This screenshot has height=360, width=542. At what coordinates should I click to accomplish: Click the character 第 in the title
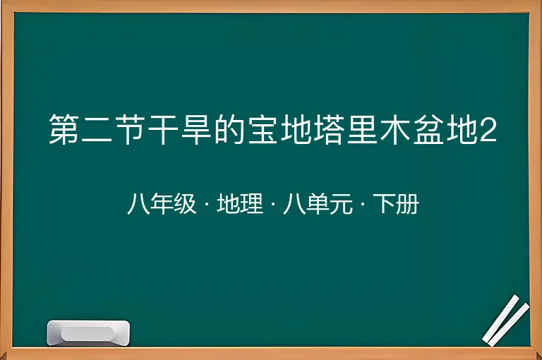(64, 129)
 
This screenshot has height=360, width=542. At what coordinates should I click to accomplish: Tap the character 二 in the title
(97, 129)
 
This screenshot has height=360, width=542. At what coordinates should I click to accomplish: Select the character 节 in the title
(131, 129)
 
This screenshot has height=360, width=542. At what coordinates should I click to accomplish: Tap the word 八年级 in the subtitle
(162, 204)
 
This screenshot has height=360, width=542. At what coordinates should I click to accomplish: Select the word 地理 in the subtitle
(240, 204)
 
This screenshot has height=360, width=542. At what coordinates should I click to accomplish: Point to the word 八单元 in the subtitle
(318, 204)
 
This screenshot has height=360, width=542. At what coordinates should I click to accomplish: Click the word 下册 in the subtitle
(396, 204)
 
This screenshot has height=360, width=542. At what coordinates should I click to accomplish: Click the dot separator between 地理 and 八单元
(273, 204)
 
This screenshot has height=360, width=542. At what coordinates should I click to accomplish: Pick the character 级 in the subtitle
(185, 204)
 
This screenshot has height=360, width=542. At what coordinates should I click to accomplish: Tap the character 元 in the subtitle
(341, 204)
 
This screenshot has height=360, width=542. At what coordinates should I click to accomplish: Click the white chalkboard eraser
(88, 333)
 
